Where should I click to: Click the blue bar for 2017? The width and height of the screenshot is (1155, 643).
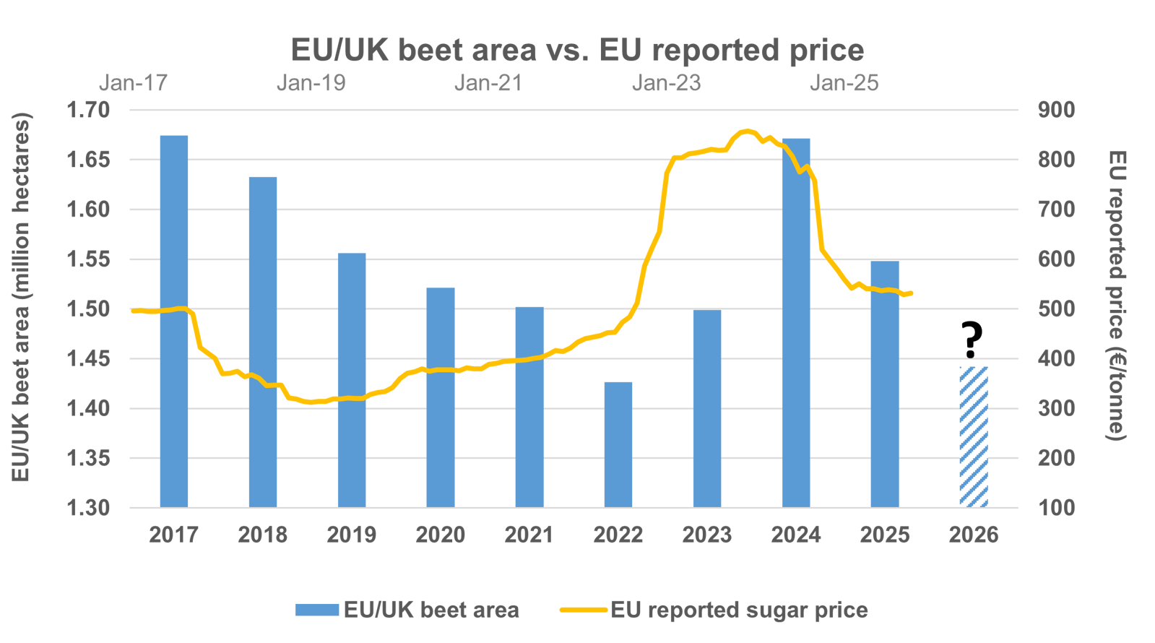(x=174, y=321)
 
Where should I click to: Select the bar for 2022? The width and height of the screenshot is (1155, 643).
(x=618, y=444)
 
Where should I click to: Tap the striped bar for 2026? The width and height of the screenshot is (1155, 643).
(x=974, y=436)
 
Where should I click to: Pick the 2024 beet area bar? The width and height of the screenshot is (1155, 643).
(x=796, y=322)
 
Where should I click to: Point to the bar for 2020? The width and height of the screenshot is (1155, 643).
(x=441, y=397)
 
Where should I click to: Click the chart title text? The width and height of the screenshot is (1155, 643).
(x=577, y=51)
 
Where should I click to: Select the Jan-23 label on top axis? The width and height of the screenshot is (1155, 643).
(x=666, y=83)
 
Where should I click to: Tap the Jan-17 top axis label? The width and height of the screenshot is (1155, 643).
(x=133, y=83)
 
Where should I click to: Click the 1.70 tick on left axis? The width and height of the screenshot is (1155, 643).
(x=88, y=110)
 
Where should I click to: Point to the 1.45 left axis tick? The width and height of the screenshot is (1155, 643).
(x=88, y=359)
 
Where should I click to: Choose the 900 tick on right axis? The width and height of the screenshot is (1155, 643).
(x=1057, y=110)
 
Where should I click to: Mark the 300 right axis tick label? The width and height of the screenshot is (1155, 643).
(x=1057, y=409)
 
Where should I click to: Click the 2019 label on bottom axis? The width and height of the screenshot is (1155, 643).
(x=352, y=535)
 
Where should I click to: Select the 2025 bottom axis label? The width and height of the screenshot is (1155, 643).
(x=885, y=535)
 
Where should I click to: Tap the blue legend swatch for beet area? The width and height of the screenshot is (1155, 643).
(x=317, y=610)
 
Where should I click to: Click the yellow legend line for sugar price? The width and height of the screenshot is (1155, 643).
(x=583, y=610)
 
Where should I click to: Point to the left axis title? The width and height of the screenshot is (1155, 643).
(x=21, y=296)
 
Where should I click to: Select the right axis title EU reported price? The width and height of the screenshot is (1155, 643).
(x=1117, y=296)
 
